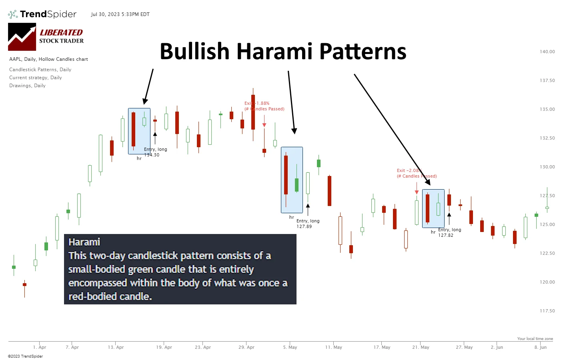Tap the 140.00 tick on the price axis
[547, 52]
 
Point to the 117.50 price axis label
[547, 311]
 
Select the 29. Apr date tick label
[246, 347]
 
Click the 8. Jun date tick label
[541, 347]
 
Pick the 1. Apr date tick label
[40, 347]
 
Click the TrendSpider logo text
[48, 14]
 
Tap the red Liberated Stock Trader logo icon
[22, 37]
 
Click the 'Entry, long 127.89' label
[308, 224]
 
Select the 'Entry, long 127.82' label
[449, 232]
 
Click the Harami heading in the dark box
[84, 242]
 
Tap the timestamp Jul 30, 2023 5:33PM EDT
[120, 14]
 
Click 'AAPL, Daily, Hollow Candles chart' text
[48, 59]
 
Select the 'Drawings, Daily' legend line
[27, 86]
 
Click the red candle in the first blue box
[134, 129]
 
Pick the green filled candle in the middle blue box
[297, 185]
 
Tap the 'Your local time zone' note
[535, 339]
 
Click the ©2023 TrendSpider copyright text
[25, 356]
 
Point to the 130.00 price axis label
[547, 167]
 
